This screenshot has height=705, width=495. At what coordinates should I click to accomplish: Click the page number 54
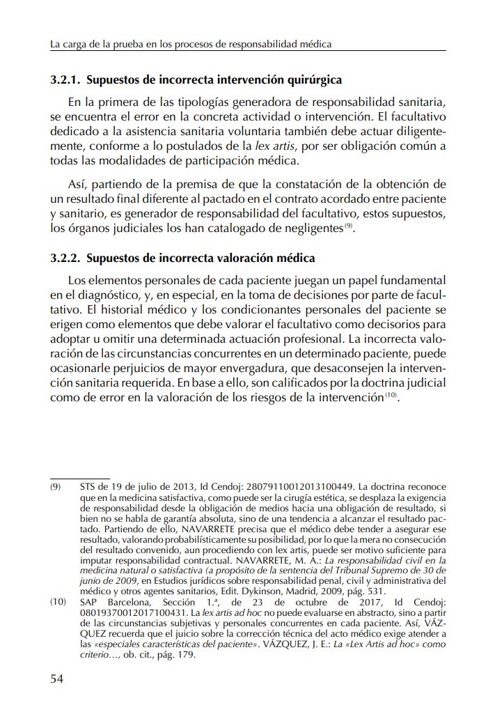pos(57,679)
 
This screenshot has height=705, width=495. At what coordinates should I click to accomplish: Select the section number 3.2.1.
pos(66,80)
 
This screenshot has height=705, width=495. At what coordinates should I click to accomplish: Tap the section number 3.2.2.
pos(66,258)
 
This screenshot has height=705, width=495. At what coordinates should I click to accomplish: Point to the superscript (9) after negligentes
pos(349,226)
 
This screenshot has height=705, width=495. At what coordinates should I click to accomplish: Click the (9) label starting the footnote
pos(56,486)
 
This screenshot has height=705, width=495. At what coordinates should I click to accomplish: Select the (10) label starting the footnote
pos(58,601)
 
